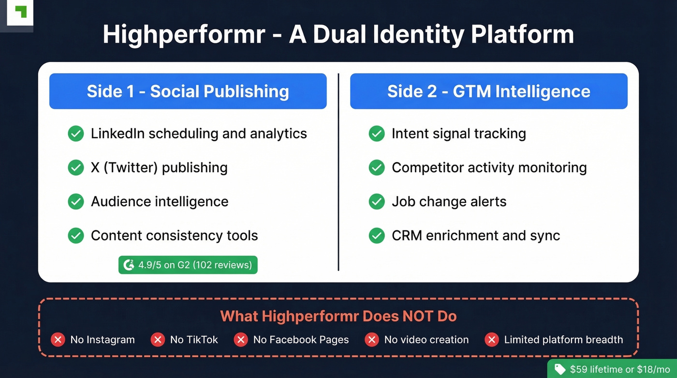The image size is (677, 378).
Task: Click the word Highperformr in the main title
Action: pos(184,35)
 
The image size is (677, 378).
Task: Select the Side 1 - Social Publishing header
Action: pos(188,91)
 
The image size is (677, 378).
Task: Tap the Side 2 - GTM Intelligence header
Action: pos(488,91)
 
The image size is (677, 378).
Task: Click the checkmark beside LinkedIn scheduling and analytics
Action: pos(75,134)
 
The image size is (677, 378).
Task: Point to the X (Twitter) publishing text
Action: pos(159,167)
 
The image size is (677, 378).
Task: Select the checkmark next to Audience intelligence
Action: pos(75,201)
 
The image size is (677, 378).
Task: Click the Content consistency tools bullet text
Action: pos(174,236)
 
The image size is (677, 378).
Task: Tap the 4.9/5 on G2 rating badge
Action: pos(188,265)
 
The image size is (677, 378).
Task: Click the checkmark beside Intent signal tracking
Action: pos(376,134)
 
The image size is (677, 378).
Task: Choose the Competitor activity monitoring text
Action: pos(489,167)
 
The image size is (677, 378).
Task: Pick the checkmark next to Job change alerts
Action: pos(376,201)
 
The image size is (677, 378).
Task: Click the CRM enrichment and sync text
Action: pos(476,236)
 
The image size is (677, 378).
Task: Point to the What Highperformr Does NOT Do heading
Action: pos(338,317)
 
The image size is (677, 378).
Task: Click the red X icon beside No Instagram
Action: pos(58,340)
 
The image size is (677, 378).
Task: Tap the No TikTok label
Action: pos(194,340)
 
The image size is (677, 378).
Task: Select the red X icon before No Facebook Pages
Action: pos(240,340)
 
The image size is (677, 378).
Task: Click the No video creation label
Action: pos(426,340)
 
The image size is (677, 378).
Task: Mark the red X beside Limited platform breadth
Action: pos(491,340)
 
